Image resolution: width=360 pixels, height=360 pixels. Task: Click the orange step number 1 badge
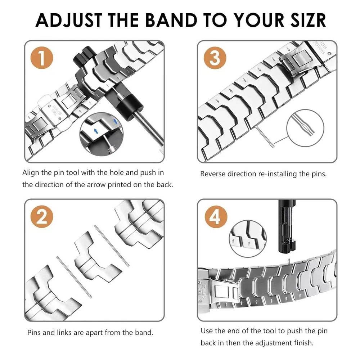coord(42,59)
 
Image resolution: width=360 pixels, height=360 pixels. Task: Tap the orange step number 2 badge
coord(42,217)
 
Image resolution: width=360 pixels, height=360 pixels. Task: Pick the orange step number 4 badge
coord(215,217)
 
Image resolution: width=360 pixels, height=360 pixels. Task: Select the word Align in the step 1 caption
coord(31,172)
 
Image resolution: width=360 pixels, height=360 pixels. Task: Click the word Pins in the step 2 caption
coord(34,332)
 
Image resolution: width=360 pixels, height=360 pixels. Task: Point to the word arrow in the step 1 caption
coord(108,185)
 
